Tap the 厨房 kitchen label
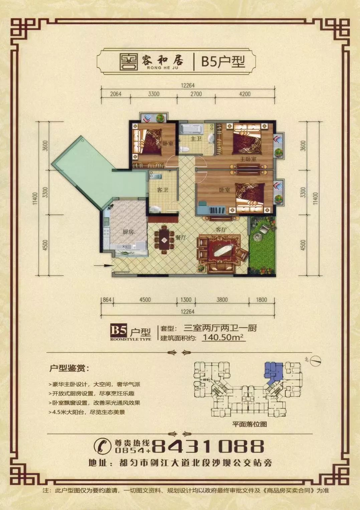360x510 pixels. pos(128,232)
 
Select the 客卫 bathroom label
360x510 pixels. pos(162,190)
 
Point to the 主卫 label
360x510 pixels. pos(196,138)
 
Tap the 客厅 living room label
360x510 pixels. pos(221,230)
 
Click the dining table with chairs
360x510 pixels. pos(164,240)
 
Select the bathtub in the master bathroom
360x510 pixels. pos(191,129)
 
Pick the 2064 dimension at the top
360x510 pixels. pos(116,94)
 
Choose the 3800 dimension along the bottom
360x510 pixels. pos(222,299)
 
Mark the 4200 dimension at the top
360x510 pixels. pos(245,94)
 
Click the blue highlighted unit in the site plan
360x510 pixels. pos(274,371)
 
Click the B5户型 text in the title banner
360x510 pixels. pos(223,61)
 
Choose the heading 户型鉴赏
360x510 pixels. pos(69,369)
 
